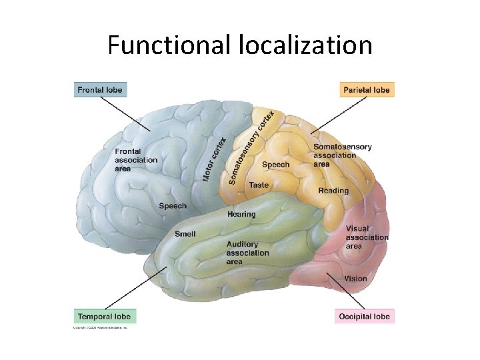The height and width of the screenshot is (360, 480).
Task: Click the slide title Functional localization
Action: (240, 45)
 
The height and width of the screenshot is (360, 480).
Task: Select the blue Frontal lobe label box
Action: (99, 89)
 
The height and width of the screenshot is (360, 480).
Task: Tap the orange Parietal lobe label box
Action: (367, 89)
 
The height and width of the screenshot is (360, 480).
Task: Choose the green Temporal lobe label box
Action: (104, 315)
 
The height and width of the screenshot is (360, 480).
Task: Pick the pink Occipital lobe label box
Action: (365, 316)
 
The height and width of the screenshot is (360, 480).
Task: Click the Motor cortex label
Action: (214, 159)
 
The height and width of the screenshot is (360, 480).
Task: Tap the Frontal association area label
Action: (136, 160)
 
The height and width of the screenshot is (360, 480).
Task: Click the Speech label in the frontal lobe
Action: (173, 206)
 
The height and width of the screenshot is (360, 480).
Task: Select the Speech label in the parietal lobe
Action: (276, 165)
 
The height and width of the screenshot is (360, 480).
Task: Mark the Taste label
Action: (259, 185)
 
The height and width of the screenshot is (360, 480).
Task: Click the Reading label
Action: (333, 191)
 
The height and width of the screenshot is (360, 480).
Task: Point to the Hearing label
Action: (241, 214)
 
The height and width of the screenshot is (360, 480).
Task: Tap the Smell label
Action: (185, 234)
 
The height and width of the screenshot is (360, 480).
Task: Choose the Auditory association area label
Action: (247, 253)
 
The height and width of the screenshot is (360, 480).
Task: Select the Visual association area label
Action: (367, 237)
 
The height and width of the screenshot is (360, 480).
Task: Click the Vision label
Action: (355, 278)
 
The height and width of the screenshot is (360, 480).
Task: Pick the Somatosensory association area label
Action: (342, 155)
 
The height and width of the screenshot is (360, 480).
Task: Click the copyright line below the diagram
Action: (100, 327)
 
